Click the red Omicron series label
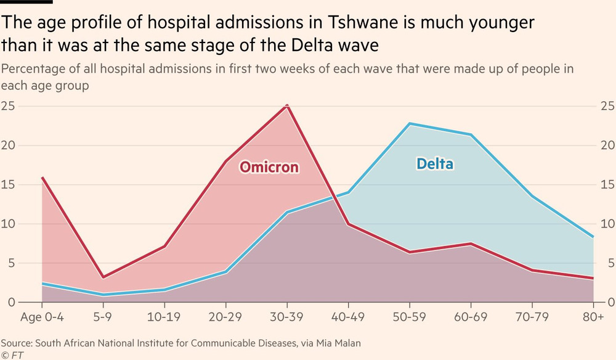point(269,167)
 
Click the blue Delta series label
point(435,164)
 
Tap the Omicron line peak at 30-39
point(287,106)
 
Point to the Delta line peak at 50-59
point(410,124)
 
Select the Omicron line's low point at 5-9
point(103,278)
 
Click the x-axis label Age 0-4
point(41,319)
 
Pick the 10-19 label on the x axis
point(164,319)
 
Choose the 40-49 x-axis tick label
point(349,319)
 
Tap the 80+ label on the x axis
point(593,319)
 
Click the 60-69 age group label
point(471,319)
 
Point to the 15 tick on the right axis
point(607,185)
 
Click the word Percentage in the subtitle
point(31,68)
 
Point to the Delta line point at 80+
point(593,237)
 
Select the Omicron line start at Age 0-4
point(42,178)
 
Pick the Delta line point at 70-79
point(532,196)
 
